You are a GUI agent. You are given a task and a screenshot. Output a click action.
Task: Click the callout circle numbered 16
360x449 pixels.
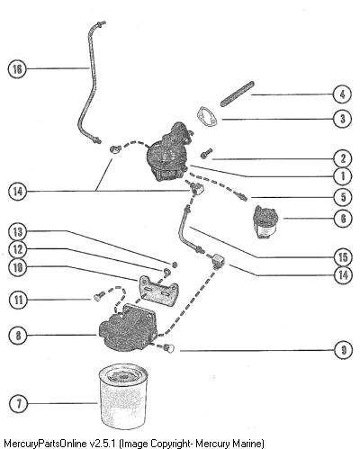[x=17, y=69]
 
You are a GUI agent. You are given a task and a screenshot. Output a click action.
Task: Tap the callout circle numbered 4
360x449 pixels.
[x=342, y=94]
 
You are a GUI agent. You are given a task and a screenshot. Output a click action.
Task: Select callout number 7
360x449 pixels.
[x=19, y=403]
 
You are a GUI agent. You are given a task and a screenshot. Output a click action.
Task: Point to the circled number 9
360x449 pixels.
[x=344, y=350]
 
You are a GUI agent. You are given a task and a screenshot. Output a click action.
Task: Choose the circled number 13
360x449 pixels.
[x=18, y=232]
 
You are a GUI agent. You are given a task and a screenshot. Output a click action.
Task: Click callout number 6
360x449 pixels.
[x=343, y=219]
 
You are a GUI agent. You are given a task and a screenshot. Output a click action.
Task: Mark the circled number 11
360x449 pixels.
[x=18, y=300]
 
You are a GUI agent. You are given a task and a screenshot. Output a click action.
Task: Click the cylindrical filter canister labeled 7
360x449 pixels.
[x=122, y=398]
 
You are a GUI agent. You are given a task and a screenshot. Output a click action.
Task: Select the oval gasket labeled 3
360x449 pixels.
[x=208, y=117]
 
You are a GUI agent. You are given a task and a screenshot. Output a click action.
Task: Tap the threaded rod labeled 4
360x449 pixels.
[x=238, y=94]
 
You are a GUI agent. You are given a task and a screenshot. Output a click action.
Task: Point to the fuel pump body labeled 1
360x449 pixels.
[x=168, y=153]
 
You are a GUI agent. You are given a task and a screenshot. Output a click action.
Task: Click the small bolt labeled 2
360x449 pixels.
[x=206, y=153]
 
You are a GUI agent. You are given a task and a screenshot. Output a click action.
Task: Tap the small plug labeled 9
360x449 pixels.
[x=169, y=348]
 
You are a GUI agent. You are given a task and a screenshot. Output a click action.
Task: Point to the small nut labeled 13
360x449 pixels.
[x=175, y=265]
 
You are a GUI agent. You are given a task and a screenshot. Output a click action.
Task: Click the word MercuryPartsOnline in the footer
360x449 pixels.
[x=45, y=444]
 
